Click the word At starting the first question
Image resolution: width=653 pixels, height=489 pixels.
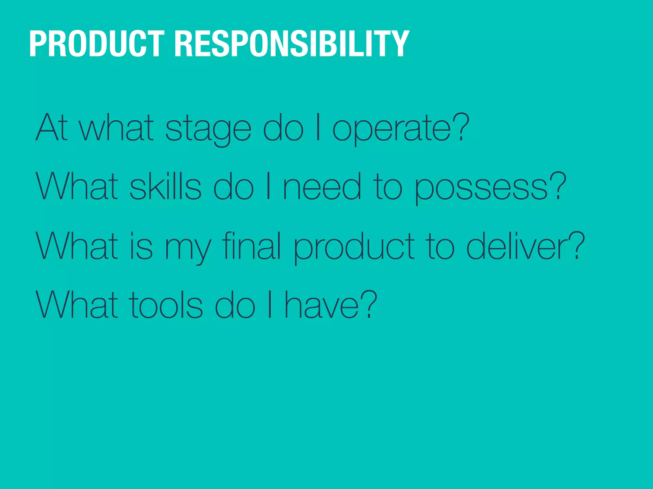tap(52, 127)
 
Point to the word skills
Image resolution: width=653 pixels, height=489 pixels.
tap(165, 187)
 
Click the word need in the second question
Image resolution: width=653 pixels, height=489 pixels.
tap(322, 187)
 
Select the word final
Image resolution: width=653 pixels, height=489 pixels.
tap(251, 246)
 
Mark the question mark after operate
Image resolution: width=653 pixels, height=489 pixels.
tap(461, 127)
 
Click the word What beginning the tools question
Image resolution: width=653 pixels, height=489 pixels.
tap(77, 305)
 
